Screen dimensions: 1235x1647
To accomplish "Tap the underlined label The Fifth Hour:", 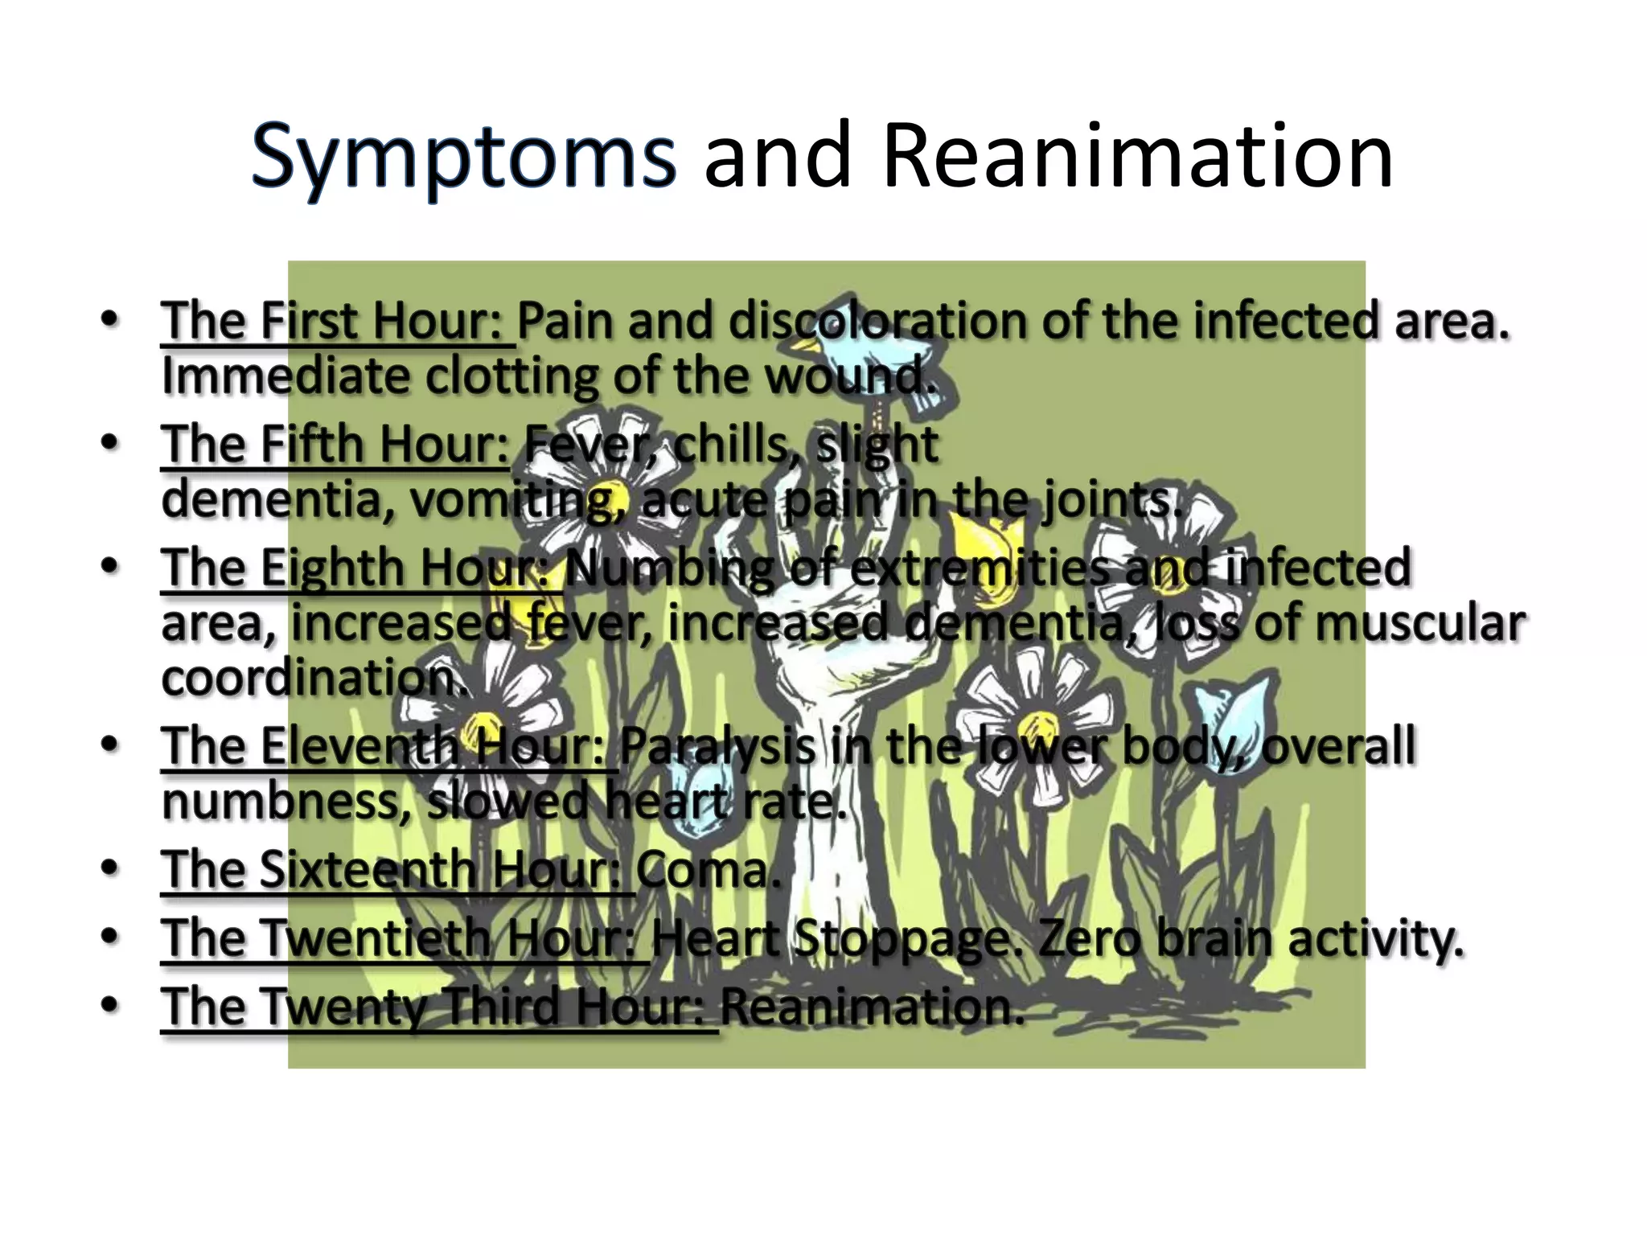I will click(335, 445).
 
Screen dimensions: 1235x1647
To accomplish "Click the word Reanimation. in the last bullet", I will click(872, 1007).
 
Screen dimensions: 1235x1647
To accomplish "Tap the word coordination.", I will click(314, 679).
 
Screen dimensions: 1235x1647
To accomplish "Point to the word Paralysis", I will click(717, 747).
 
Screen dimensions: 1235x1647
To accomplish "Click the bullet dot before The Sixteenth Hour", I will click(110, 868).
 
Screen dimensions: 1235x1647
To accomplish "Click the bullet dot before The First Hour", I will click(110, 319).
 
